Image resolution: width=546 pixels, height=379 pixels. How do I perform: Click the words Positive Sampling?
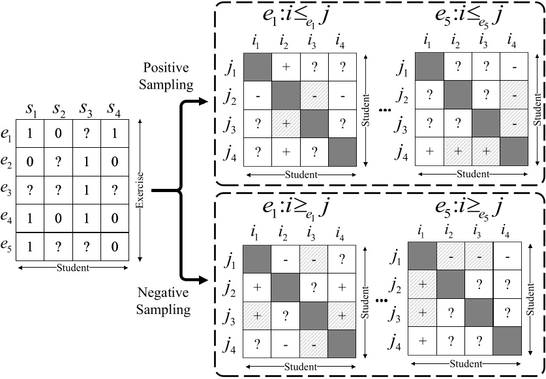tap(166, 76)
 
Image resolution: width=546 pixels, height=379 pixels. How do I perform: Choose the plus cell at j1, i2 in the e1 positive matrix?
tap(285, 66)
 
